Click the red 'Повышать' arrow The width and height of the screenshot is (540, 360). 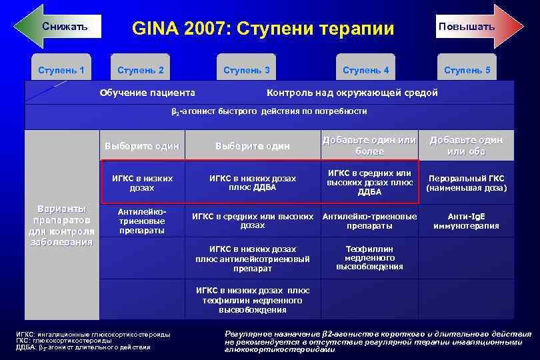pos(476,27)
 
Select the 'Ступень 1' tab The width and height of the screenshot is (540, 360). pos(61,70)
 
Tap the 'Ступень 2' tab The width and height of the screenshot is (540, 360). pos(141,70)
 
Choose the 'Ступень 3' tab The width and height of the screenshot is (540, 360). pos(247,70)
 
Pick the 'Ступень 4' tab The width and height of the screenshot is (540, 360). pos(365,70)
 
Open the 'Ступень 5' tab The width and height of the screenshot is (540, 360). pos(467,70)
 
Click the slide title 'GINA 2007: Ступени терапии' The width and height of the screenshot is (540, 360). pos(263,29)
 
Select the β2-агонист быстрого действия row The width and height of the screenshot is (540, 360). pos(269,111)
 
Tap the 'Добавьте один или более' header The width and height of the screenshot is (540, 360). pos(369,145)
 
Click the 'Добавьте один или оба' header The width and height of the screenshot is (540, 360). pos(466,145)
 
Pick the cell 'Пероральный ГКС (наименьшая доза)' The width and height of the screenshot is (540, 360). pos(467,183)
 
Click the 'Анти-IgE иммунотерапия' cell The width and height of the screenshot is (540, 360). pos(467,221)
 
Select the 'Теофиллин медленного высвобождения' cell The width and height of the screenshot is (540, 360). pos(369,257)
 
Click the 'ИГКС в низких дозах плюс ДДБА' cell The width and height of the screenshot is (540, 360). pos(252,183)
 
